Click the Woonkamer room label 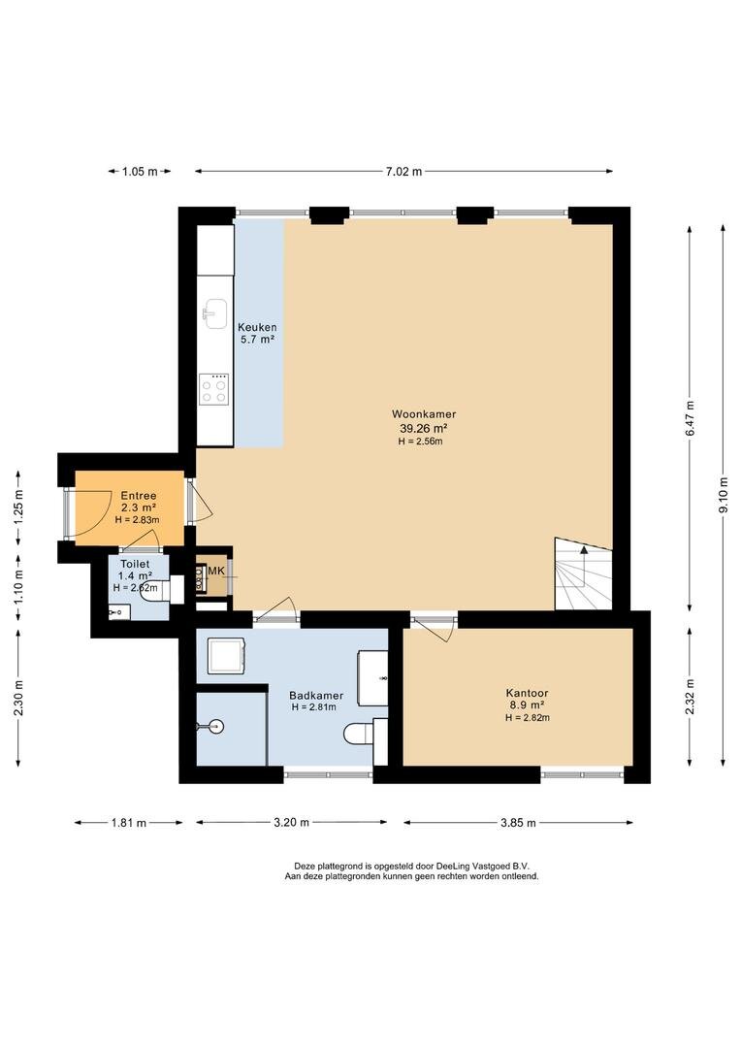tap(424, 414)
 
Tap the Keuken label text tap(257, 328)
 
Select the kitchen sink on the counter tap(216, 313)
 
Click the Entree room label tap(139, 496)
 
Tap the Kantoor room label tap(528, 693)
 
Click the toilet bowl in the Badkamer tap(359, 734)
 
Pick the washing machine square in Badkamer tap(225, 655)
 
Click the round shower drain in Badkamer tap(216, 727)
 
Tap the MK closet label tap(216, 571)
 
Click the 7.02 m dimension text tap(403, 171)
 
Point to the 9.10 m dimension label tap(723, 496)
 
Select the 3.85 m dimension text tap(518, 823)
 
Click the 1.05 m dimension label tap(140, 171)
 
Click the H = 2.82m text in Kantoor tap(528, 718)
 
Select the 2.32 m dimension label tap(690, 697)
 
